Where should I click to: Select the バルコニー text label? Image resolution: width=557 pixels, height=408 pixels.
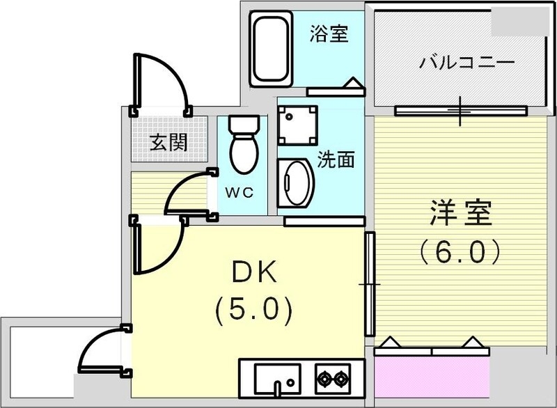point(466,63)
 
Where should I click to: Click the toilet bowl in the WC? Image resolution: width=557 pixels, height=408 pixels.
point(243,152)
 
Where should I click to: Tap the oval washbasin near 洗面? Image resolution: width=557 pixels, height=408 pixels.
point(297,182)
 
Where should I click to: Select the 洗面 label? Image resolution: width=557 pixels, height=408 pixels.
point(336,159)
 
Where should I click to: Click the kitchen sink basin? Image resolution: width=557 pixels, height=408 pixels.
point(276,379)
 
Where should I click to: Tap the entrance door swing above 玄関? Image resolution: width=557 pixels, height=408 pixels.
point(160,82)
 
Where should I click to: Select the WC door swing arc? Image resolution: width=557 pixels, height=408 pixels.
point(185,193)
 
